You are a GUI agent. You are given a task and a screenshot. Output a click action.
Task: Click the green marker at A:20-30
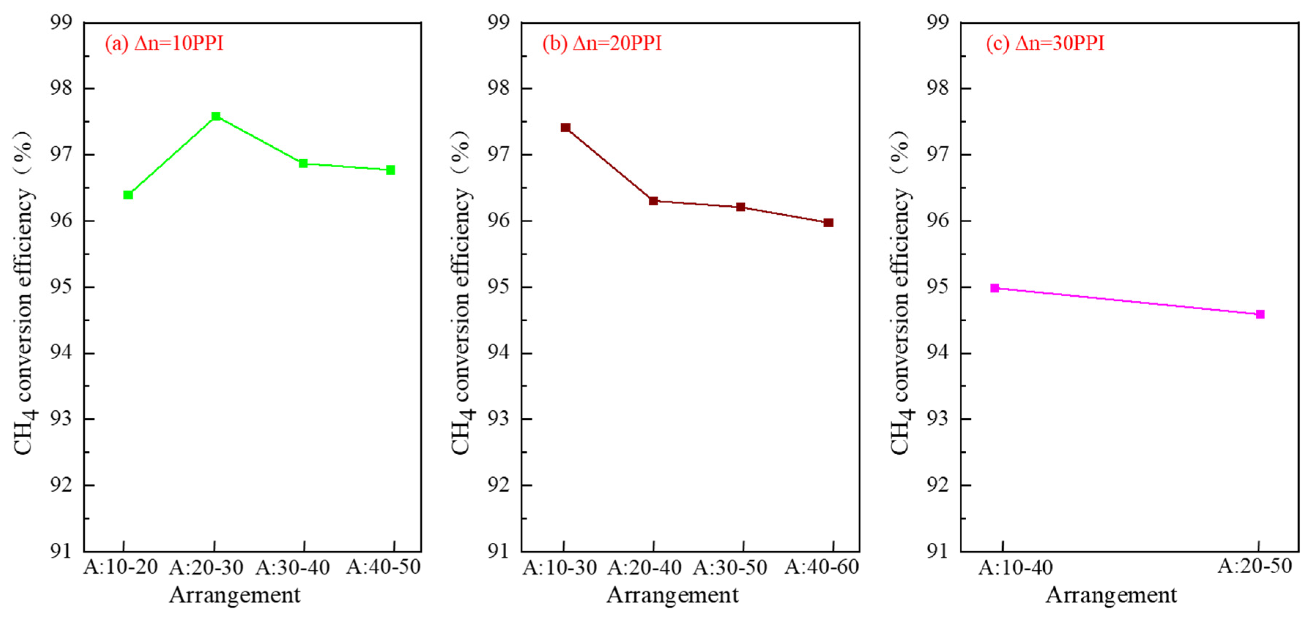point(216,116)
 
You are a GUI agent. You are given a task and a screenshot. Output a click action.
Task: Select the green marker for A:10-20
point(128,195)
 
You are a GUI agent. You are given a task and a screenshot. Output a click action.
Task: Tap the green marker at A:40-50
point(390,170)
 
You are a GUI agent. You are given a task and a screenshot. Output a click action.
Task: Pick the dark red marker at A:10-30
point(566,128)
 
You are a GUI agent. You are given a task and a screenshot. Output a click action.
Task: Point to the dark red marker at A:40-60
point(829,223)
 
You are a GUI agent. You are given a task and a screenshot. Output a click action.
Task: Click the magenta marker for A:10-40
point(995,288)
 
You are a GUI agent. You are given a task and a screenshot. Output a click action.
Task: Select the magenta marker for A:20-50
point(1260,314)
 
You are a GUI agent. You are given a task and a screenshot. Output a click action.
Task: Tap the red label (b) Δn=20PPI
point(602,43)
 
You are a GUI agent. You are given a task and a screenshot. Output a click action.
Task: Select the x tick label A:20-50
point(1255,566)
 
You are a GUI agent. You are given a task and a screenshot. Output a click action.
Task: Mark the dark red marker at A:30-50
point(741,207)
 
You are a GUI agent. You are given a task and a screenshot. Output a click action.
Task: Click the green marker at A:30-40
point(303,163)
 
